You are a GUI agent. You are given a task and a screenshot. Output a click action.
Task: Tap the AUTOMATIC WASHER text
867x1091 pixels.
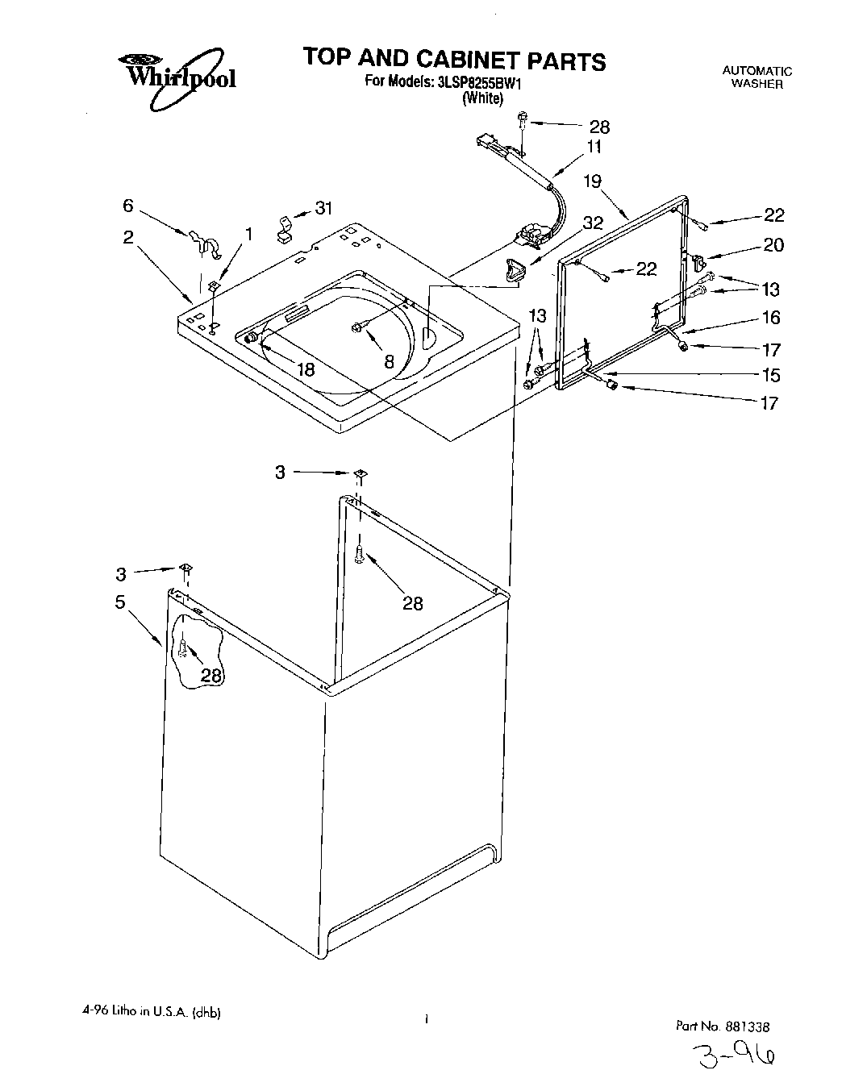pos(757,77)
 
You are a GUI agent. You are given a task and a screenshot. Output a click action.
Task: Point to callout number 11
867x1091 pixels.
pos(594,148)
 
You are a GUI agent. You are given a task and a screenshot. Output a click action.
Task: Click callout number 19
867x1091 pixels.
pos(593,181)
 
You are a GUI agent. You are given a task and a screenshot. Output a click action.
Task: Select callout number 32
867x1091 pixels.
pos(593,223)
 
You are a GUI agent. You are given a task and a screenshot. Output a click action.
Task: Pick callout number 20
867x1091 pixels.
pos(773,245)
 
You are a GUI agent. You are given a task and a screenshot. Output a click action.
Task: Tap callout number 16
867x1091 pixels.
pos(771,318)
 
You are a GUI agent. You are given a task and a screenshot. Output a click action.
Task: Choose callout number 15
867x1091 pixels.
pos(771,375)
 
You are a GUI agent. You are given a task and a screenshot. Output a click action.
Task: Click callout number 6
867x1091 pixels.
pos(128,206)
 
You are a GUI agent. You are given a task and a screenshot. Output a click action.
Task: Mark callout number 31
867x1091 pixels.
pos(323,209)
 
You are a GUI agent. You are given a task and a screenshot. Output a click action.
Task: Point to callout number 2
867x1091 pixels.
pos(128,238)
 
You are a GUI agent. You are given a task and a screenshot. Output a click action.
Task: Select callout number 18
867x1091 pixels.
pos(305,370)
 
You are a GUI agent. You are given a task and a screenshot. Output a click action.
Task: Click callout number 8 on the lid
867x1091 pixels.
pos(389,363)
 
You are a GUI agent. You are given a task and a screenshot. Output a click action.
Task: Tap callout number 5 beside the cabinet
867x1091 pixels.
pos(120,602)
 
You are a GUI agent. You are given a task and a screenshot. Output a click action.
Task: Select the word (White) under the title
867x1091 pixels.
pos(482,98)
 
